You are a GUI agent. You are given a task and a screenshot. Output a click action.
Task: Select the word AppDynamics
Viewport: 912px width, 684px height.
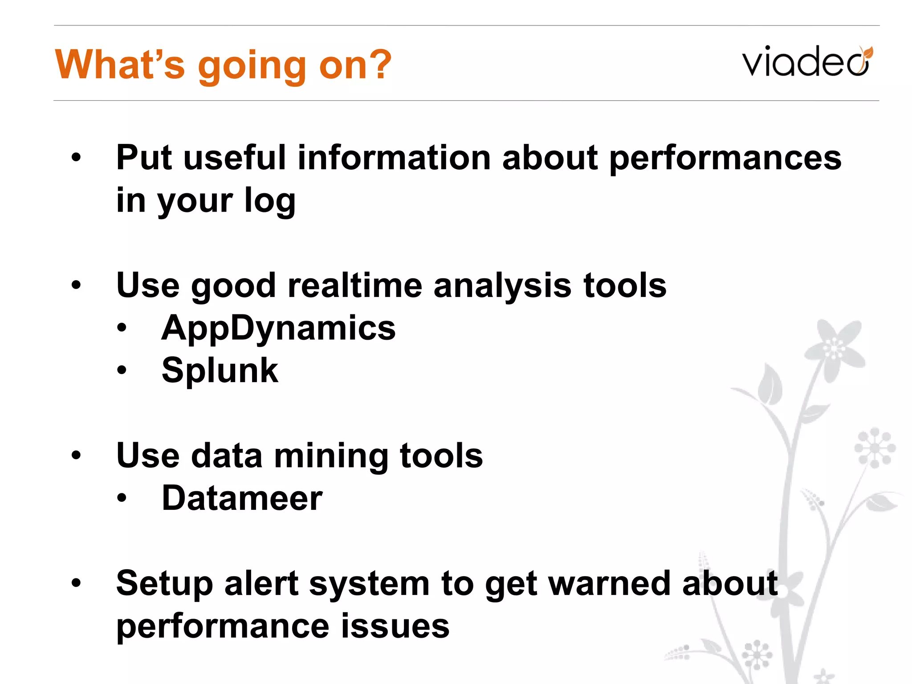pyautogui.click(x=278, y=328)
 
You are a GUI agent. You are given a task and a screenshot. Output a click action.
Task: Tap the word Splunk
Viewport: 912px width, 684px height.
pyautogui.click(x=220, y=370)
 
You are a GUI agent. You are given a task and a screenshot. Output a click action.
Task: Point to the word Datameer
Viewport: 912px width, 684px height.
pyautogui.click(x=242, y=498)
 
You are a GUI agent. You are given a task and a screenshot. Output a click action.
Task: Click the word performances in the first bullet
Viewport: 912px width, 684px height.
pyautogui.click(x=725, y=158)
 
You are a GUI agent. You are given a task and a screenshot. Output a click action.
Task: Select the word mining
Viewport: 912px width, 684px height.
pyautogui.click(x=331, y=456)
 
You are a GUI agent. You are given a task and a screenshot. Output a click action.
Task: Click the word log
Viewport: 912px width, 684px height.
pyautogui.click(x=270, y=201)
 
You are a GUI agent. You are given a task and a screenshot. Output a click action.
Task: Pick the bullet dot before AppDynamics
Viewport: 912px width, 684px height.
pyautogui.click(x=122, y=329)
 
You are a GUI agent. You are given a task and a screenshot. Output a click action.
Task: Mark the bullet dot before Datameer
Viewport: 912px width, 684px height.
pyautogui.click(x=122, y=499)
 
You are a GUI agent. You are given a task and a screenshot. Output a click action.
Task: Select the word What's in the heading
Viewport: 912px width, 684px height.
pyautogui.click(x=119, y=65)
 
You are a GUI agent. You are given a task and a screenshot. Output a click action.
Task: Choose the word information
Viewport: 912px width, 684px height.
pyautogui.click(x=394, y=158)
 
